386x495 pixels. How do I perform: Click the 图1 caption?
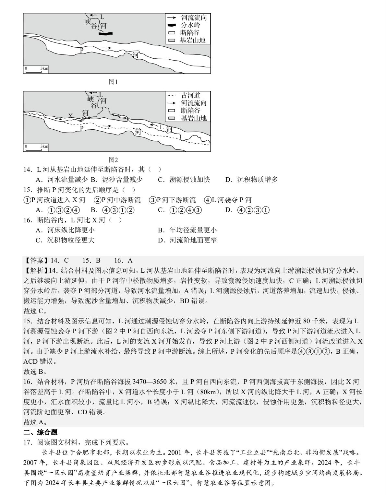click(113, 82)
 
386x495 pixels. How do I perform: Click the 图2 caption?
click(113, 160)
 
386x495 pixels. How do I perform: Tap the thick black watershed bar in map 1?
click(106, 33)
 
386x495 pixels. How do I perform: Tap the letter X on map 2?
click(70, 116)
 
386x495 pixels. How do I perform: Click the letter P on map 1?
click(82, 50)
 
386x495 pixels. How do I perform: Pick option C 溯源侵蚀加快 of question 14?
click(184, 180)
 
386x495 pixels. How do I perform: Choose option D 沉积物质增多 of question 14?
click(252, 180)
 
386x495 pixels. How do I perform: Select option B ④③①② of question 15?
click(112, 210)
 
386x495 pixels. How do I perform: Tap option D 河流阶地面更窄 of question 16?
click(187, 240)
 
